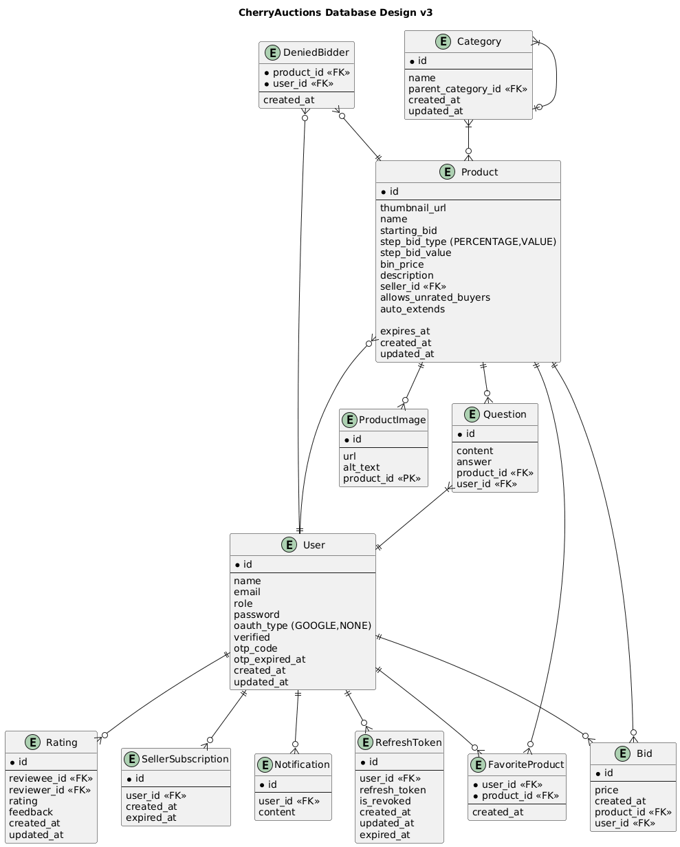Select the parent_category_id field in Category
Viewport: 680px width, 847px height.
[459, 89]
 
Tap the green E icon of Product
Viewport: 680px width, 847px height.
[393, 172]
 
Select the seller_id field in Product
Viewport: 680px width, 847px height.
[413, 286]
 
